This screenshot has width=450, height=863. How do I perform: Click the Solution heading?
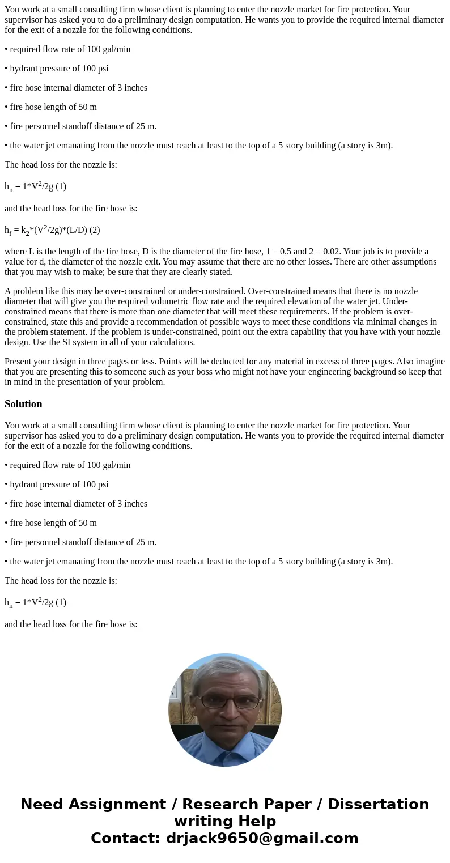tap(23, 404)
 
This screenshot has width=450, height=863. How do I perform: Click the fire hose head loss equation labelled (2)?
tap(52, 230)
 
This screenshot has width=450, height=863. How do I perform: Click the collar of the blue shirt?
tap(224, 742)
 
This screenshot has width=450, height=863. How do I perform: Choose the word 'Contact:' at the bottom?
tap(125, 839)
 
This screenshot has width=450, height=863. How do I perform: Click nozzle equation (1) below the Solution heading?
tap(35, 602)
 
